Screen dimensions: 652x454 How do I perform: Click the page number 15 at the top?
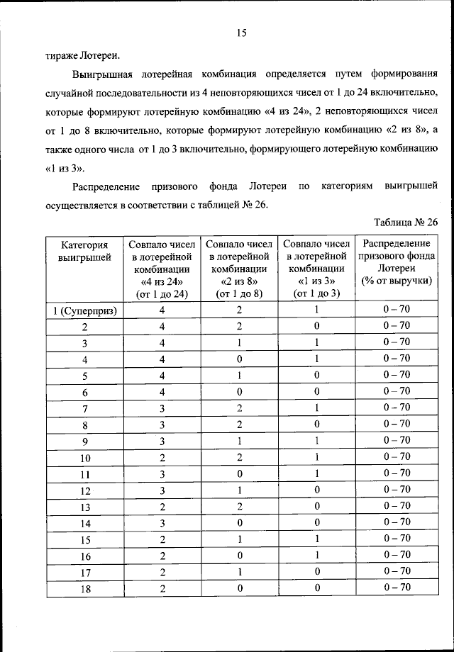(x=240, y=33)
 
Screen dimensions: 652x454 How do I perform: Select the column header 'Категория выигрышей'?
(x=84, y=251)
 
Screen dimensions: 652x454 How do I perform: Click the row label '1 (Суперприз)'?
(x=84, y=310)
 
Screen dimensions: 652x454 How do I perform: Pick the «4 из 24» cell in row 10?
(x=162, y=457)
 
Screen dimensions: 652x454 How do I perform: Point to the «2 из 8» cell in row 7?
(x=240, y=407)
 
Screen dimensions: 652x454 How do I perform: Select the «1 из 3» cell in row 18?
(x=317, y=588)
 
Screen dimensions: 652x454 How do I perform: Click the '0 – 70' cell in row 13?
(x=397, y=506)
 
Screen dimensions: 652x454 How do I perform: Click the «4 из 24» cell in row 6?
(x=162, y=391)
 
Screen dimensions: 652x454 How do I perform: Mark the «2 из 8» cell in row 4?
(x=240, y=359)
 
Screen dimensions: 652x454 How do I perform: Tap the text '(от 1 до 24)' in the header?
(x=162, y=294)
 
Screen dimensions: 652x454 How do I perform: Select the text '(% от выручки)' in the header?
(x=397, y=281)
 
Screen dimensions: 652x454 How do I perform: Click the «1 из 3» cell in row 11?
(x=317, y=473)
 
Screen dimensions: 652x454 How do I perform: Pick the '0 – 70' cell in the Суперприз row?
(x=397, y=310)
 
